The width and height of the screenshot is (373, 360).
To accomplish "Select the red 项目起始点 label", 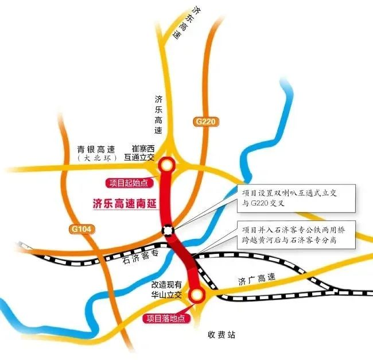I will [127, 183].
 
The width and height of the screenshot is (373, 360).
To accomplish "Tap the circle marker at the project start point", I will [166, 165].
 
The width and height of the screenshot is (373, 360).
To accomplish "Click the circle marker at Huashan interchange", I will [196, 296].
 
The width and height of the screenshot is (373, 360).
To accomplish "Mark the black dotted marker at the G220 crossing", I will [167, 231].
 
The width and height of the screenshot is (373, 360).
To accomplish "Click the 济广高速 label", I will [257, 281].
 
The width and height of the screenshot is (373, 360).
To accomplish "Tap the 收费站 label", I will [222, 334].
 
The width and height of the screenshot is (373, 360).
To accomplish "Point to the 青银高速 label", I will [97, 149].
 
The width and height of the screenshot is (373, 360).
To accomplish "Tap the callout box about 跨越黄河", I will [297, 235].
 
